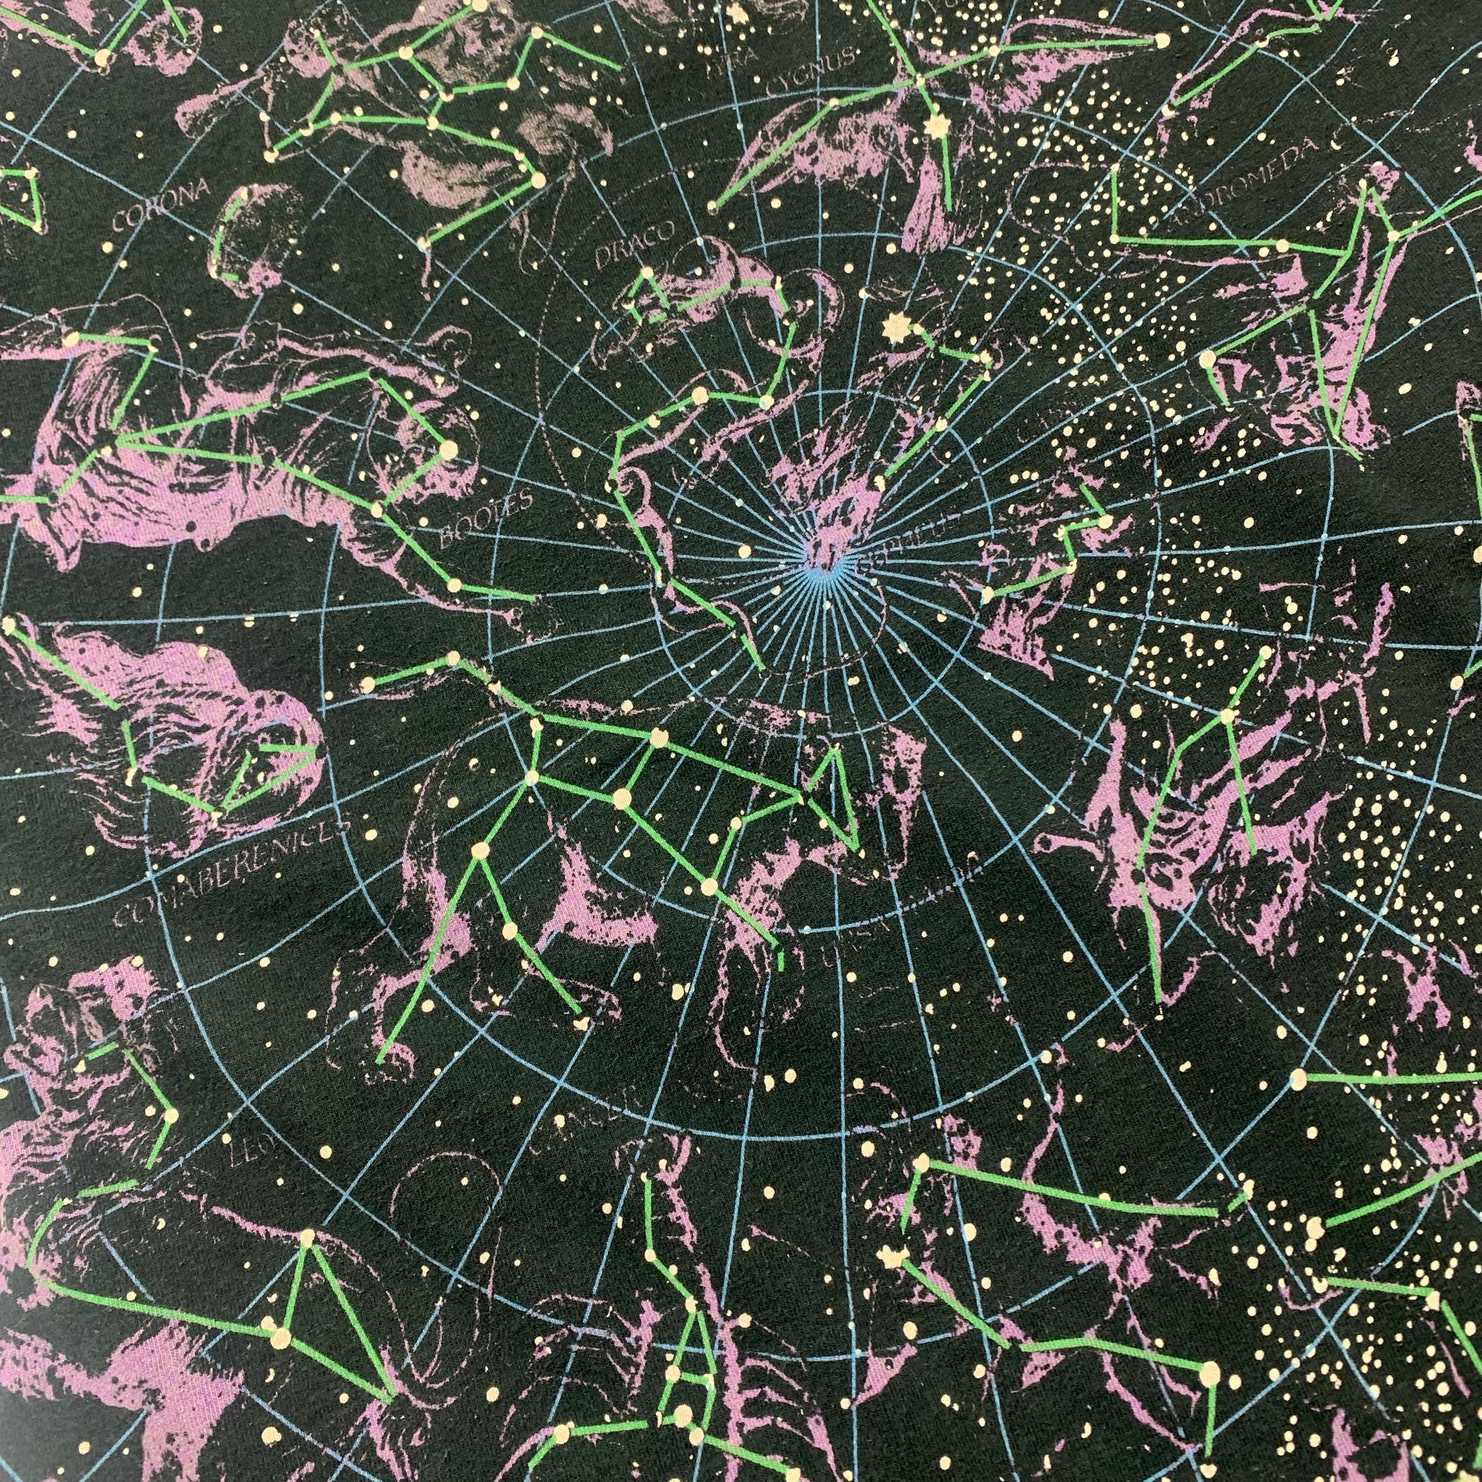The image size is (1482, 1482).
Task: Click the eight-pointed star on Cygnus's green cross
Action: [x=934, y=127]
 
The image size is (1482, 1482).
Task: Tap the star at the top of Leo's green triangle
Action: [x=308, y=1237]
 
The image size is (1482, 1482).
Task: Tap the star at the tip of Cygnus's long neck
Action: [x=714, y=205]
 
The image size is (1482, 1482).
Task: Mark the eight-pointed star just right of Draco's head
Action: [x=892, y=330]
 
